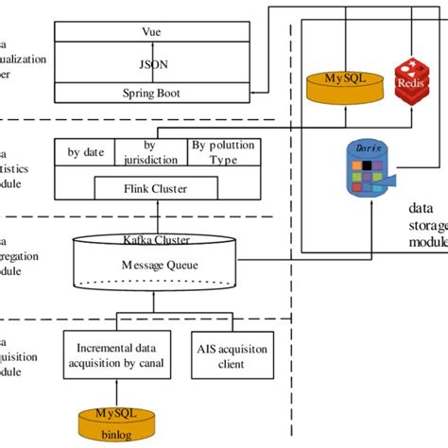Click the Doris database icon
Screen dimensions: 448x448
(363, 170)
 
